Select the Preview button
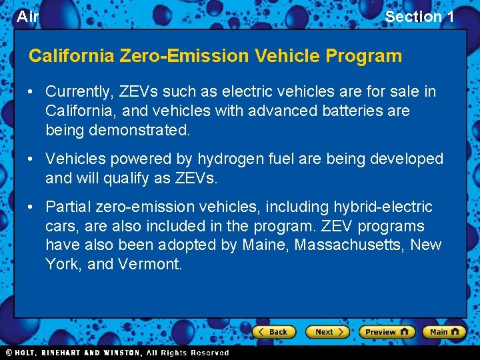tap(387, 331)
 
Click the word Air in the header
tap(27, 17)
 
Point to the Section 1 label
tap(419, 17)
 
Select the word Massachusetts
tap(350, 245)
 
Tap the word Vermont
tap(150, 264)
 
